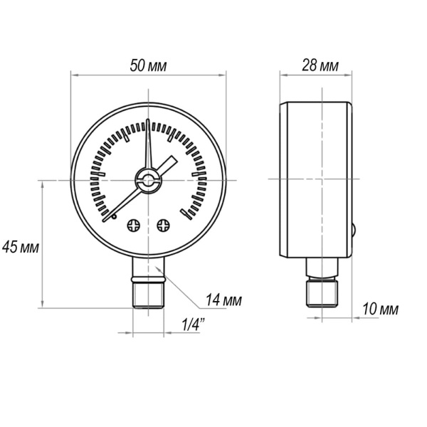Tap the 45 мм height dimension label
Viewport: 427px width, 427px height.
click(x=21, y=248)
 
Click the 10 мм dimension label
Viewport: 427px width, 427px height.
click(x=379, y=310)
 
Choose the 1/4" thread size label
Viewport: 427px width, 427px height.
click(x=194, y=325)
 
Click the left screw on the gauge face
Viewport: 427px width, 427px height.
click(x=133, y=226)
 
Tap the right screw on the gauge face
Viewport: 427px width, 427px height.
click(x=164, y=226)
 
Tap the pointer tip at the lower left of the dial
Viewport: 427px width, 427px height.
click(x=107, y=220)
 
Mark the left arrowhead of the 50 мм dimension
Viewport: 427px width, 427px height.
click(x=75, y=73)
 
